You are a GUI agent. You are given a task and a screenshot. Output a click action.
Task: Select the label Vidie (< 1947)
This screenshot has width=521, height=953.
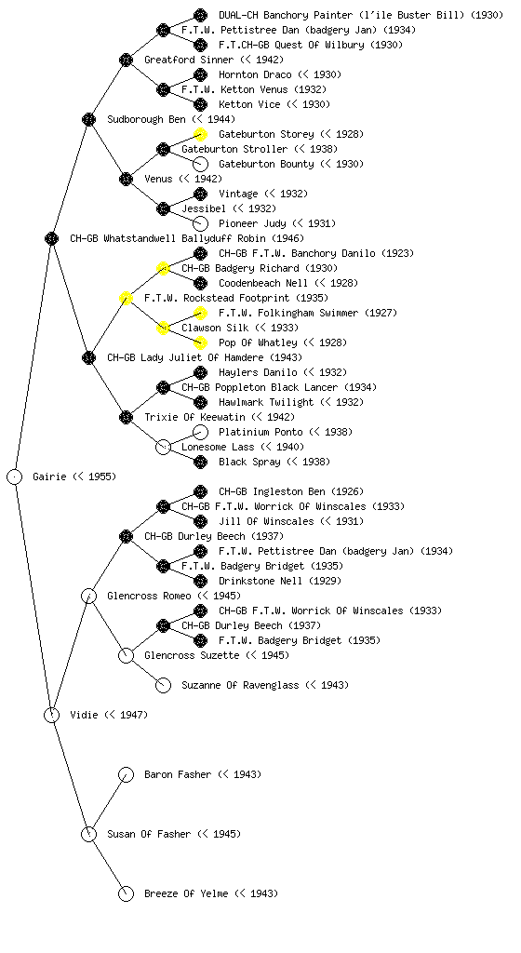tap(109, 715)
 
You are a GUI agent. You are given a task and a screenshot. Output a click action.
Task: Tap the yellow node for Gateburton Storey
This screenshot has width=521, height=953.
tap(200, 134)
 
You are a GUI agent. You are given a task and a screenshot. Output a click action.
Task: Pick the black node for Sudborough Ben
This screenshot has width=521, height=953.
tap(88, 119)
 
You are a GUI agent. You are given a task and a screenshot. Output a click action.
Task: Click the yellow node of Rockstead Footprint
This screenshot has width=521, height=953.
tap(126, 298)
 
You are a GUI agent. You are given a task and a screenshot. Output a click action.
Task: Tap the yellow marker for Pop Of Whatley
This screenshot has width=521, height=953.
tap(200, 342)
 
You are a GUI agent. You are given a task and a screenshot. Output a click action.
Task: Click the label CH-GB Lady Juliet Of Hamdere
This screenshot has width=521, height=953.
tap(205, 357)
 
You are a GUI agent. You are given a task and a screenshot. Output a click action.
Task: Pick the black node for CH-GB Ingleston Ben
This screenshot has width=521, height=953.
tap(200, 491)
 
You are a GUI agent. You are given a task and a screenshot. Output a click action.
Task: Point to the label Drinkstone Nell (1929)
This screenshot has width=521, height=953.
tap(280, 581)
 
